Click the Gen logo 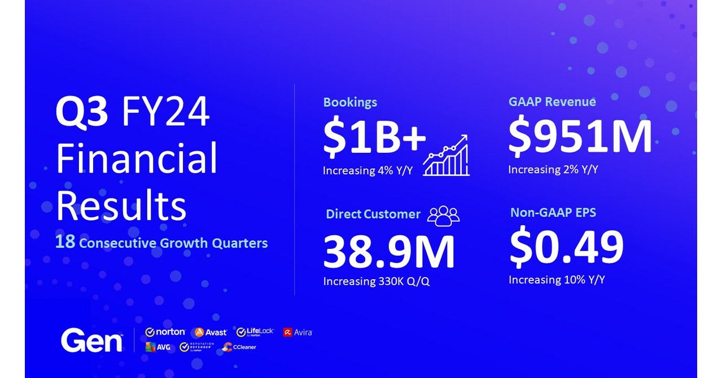(92, 340)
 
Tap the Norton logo (165, 332)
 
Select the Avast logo (211, 332)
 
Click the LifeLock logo (255, 332)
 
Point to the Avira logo (297, 332)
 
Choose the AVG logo (157, 347)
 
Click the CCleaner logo (239, 347)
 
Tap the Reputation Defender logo (196, 347)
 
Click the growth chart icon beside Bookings (446, 155)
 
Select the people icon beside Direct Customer (443, 216)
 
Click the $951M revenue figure (580, 137)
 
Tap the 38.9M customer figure (389, 252)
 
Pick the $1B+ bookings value (374, 137)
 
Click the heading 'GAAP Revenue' (552, 102)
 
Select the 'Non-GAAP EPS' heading (553, 212)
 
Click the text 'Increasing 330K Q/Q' (376, 282)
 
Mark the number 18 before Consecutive (65, 241)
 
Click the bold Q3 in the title (82, 113)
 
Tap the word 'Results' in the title (121, 205)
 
